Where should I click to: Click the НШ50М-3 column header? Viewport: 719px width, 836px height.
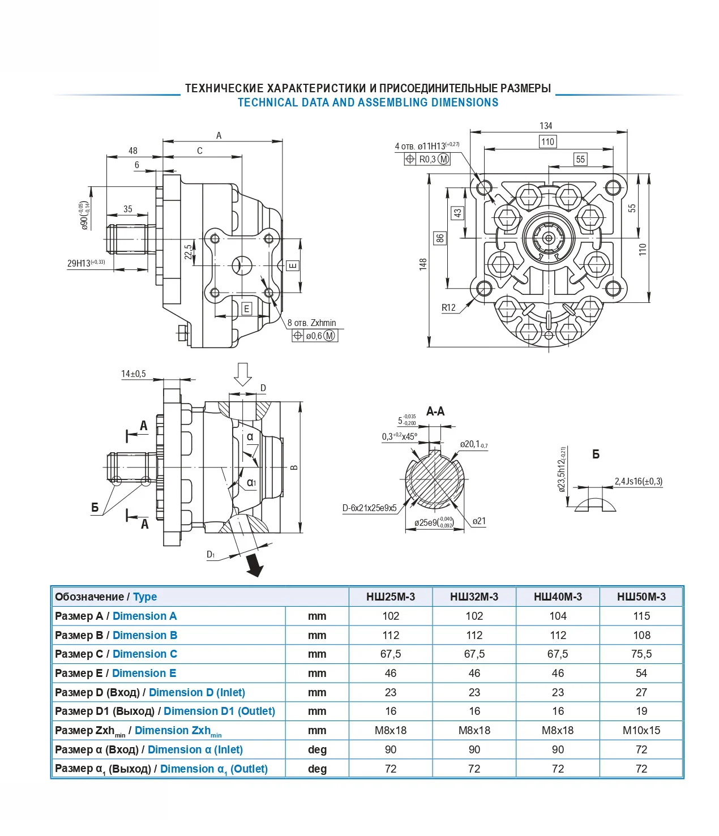[x=641, y=597]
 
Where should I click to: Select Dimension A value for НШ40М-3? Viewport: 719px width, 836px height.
[x=558, y=616]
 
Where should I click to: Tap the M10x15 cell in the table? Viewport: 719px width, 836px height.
[x=641, y=730]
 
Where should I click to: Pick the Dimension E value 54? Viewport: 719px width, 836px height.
[x=641, y=673]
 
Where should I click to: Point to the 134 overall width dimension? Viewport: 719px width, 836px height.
[x=546, y=126]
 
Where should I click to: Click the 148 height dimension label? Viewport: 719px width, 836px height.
[x=423, y=264]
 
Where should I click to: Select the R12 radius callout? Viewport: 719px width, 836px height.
[x=448, y=307]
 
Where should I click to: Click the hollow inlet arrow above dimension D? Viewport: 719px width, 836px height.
[x=243, y=374]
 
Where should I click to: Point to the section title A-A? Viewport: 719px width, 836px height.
[x=435, y=411]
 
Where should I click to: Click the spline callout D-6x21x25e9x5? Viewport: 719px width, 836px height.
[x=369, y=508]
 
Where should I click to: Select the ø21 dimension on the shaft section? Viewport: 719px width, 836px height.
[x=479, y=521]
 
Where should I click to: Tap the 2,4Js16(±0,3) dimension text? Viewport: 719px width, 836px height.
[x=638, y=482]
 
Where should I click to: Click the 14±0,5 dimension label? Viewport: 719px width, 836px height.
[x=133, y=374]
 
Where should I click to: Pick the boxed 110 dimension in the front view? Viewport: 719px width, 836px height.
[x=547, y=142]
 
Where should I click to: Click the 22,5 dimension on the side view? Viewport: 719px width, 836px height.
[x=188, y=252]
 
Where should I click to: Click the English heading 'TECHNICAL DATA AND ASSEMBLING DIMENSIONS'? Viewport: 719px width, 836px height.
[x=368, y=102]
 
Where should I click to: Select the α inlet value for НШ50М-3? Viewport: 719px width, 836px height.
[x=641, y=749]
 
